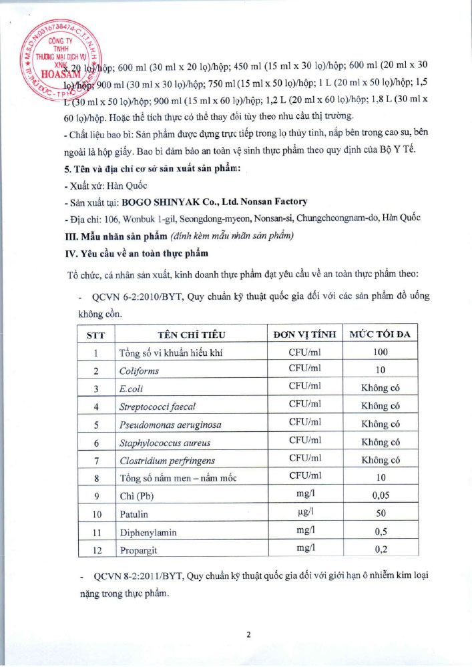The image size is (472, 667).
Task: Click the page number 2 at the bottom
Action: [x=248, y=635]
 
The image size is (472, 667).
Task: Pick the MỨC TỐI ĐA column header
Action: [x=380, y=334]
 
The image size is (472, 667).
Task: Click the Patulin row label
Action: [x=134, y=514]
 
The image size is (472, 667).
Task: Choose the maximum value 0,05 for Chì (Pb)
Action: [x=380, y=496]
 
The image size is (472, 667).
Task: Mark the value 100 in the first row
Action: [x=380, y=352]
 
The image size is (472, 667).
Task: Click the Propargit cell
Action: [x=138, y=550]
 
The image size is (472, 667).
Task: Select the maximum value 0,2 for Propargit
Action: [x=380, y=550]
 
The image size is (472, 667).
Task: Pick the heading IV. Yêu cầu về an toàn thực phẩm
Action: [x=138, y=253]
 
